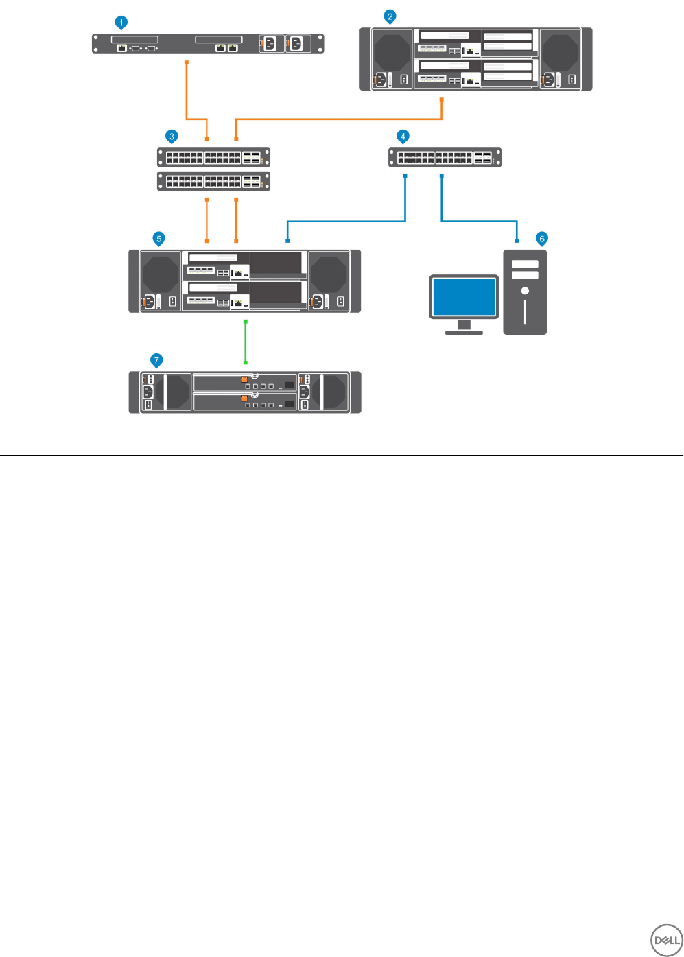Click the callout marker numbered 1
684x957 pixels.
click(x=121, y=23)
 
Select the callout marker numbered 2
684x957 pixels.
click(x=390, y=16)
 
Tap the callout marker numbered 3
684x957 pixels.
click(x=172, y=137)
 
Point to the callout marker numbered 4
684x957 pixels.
click(x=403, y=137)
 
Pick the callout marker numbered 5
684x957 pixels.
click(x=159, y=239)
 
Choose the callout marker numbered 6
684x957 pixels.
click(x=542, y=239)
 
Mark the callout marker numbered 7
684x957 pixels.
click(x=156, y=359)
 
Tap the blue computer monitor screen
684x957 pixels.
click(x=464, y=296)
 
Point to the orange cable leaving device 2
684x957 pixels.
click(x=343, y=119)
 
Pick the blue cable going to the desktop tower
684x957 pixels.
click(x=480, y=221)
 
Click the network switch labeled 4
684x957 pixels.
click(x=445, y=157)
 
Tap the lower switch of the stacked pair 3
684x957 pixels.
click(x=213, y=181)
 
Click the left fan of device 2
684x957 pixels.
click(x=392, y=51)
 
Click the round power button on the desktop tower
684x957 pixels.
click(x=525, y=291)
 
